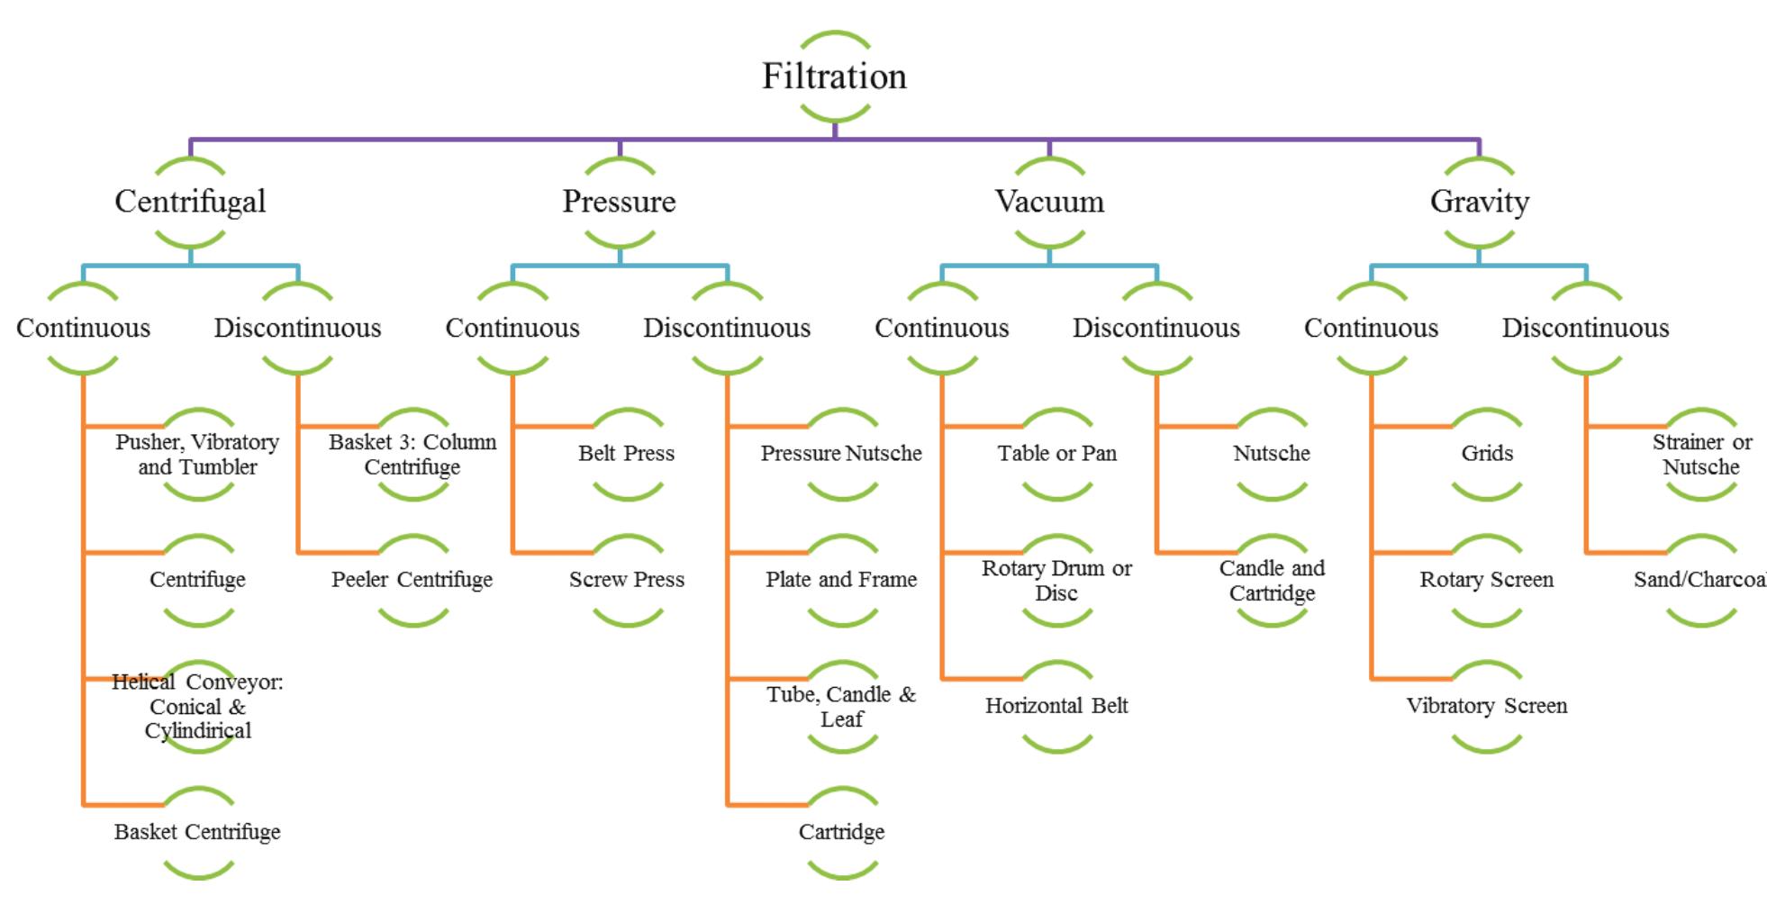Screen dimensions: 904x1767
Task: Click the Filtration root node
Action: click(834, 77)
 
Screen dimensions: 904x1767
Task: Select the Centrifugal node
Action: click(190, 202)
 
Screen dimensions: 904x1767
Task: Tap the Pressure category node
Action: click(620, 202)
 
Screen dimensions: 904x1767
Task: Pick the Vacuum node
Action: click(1049, 202)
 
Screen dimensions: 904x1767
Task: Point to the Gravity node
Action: click(1479, 202)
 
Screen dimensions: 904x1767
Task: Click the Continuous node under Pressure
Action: click(512, 328)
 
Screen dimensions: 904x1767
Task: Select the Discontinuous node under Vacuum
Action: click(1156, 328)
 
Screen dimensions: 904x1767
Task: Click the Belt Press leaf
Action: click(627, 454)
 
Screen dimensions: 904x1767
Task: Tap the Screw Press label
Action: click(627, 580)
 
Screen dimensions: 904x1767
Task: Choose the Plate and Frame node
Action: click(841, 580)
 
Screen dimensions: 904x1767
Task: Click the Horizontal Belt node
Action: click(1056, 706)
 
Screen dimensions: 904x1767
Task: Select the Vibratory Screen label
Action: click(1486, 706)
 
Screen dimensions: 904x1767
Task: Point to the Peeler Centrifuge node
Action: click(412, 580)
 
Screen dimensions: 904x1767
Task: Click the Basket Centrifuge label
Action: click(197, 832)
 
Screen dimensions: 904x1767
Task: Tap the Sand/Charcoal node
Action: click(1700, 580)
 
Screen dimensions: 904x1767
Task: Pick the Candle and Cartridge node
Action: click(1272, 581)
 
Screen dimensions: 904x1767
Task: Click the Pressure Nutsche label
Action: click(841, 454)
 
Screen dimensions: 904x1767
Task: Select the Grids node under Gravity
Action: click(1486, 454)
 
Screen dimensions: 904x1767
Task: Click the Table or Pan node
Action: click(1056, 454)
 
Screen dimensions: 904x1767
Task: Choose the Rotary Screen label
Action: click(1486, 580)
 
